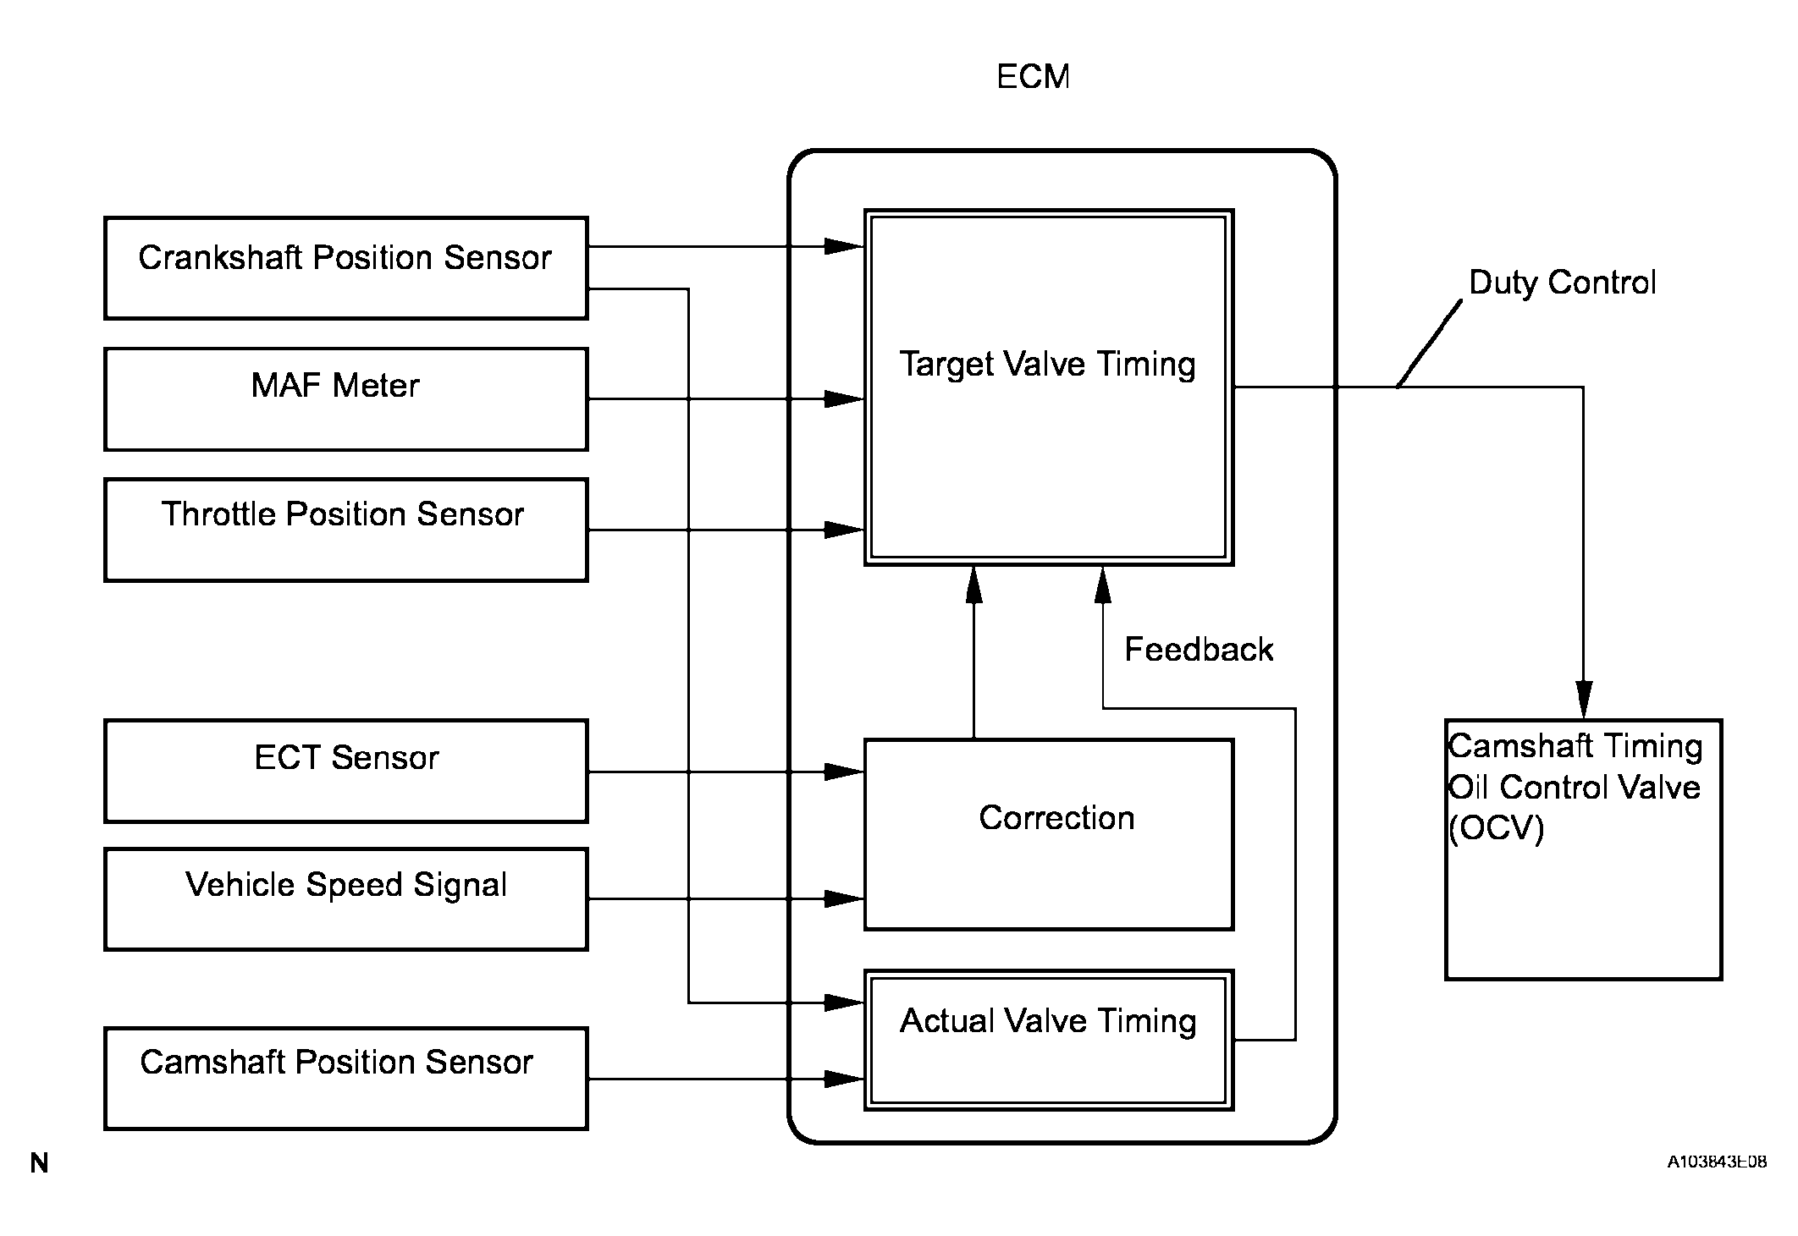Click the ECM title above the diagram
pyautogui.click(x=1033, y=77)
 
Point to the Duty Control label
pyautogui.click(x=1562, y=283)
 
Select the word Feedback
pyautogui.click(x=1199, y=650)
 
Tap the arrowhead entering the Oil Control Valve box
pyautogui.click(x=1584, y=700)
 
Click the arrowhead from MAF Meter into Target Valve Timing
pyautogui.click(x=844, y=398)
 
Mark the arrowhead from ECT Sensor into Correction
pyautogui.click(x=844, y=772)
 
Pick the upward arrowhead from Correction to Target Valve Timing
pyautogui.click(x=974, y=585)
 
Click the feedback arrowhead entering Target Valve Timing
pyautogui.click(x=1103, y=585)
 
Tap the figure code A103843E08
pyautogui.click(x=1717, y=1162)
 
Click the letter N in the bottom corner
pyautogui.click(x=39, y=1164)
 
